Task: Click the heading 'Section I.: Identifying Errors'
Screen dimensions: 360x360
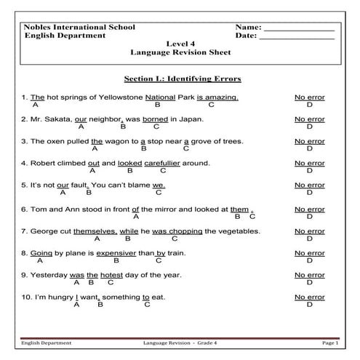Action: coord(183,78)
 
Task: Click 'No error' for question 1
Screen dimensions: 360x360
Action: coord(309,97)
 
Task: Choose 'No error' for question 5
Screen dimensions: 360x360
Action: coord(309,185)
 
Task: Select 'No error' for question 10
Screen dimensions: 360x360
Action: coord(309,297)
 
